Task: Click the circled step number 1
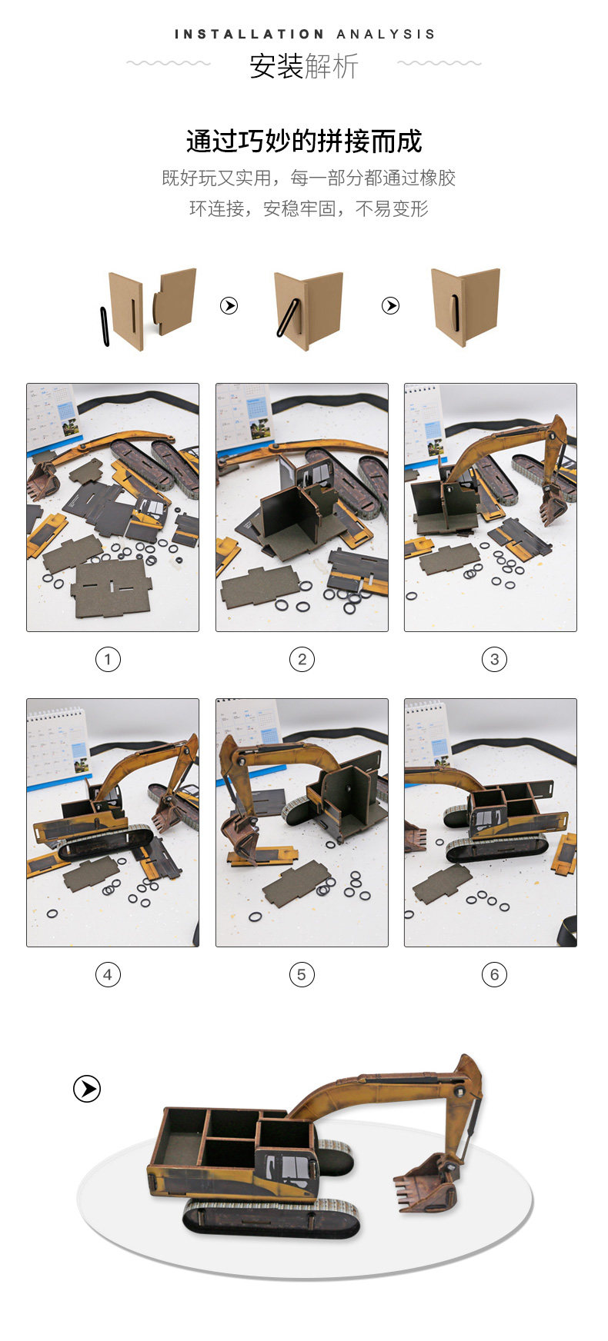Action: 108,659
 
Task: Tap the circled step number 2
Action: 302,659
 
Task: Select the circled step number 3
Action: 494,659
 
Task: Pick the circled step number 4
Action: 108,974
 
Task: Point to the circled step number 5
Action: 302,974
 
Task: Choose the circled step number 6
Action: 494,974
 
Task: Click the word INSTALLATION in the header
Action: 249,34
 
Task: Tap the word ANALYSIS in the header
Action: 386,34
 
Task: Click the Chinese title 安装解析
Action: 304,67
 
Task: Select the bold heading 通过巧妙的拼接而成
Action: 304,141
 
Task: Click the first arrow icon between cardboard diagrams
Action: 229,306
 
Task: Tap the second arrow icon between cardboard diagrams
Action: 391,306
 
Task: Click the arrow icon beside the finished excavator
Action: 87,1089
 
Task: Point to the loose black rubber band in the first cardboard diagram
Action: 105,327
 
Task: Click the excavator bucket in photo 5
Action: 239,836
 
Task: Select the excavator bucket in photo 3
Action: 553,504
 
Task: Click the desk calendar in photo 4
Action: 58,747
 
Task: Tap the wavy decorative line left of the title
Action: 169,63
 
